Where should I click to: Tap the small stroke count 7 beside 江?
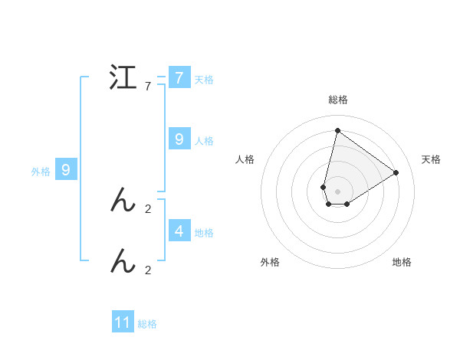point(148,87)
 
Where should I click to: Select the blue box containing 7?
point(179,78)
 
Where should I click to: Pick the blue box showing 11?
point(123,322)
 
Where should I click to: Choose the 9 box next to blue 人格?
point(179,139)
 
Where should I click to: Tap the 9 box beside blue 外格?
point(66,170)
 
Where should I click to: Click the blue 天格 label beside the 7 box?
point(204,80)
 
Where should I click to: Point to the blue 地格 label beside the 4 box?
point(204,233)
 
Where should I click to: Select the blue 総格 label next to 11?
point(147,324)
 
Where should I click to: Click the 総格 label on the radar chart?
point(338,100)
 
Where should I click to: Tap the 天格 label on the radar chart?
point(432,159)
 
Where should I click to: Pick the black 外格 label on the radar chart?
point(270,262)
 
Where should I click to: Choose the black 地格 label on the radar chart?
point(402,262)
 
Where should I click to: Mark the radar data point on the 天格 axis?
point(396,172)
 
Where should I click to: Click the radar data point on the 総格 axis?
point(337,130)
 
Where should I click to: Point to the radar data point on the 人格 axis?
point(324,187)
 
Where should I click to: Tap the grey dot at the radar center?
point(337,191)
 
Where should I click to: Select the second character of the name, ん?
point(123,201)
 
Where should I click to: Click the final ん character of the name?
point(123,262)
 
